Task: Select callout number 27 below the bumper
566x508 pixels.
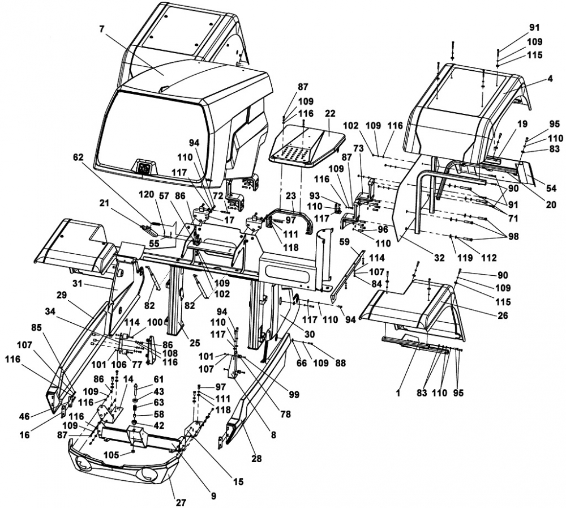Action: coord(181,502)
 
